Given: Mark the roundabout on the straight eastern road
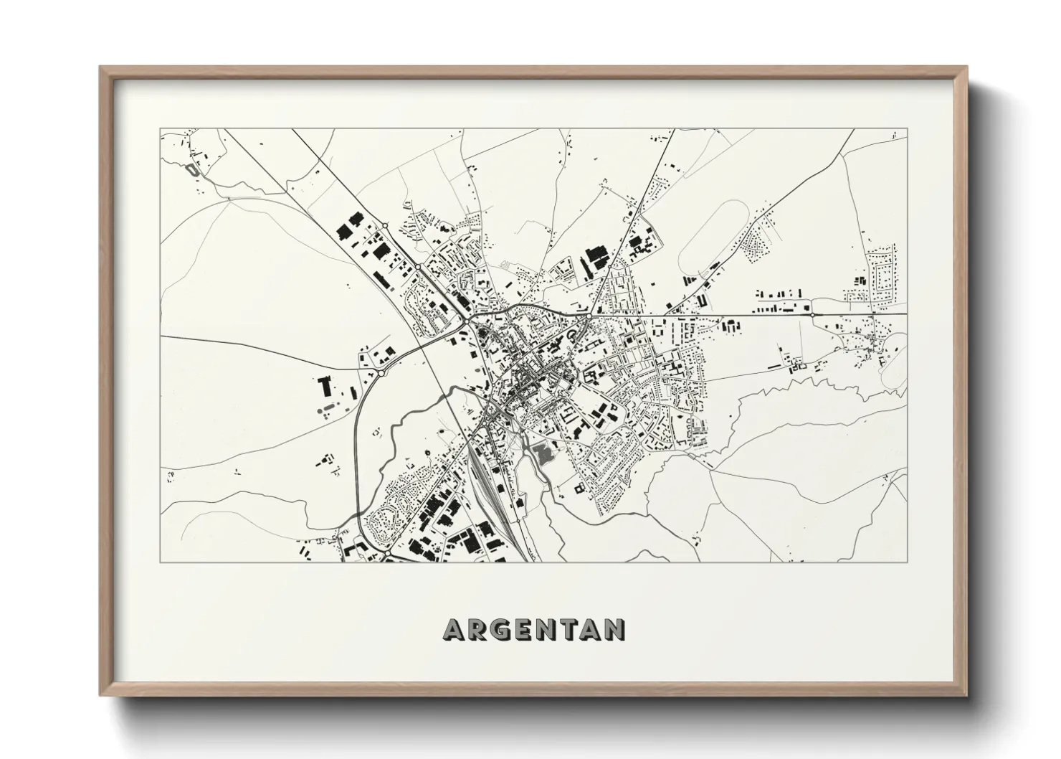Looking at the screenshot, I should tap(812, 314).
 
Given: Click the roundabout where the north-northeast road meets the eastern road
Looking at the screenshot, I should tap(589, 315).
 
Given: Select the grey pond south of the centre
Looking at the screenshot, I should tap(543, 453).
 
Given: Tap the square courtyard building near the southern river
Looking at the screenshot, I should tap(578, 488).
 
